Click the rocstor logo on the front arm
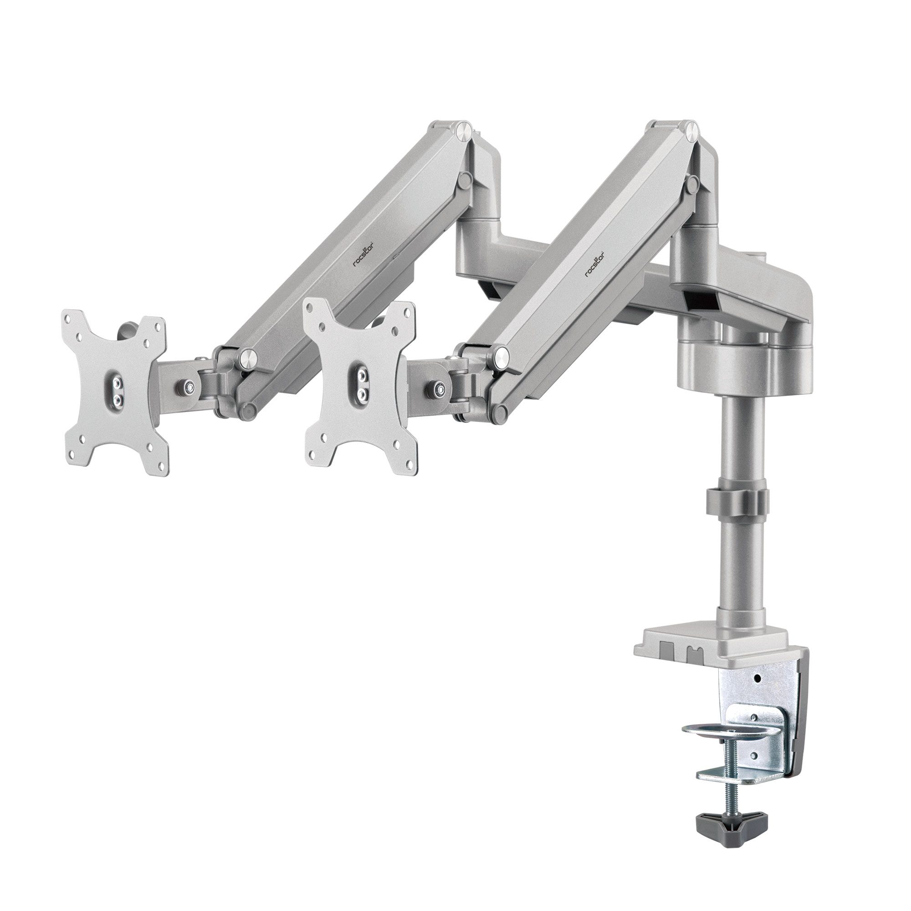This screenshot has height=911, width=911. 594,265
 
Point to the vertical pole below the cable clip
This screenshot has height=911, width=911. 735,566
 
